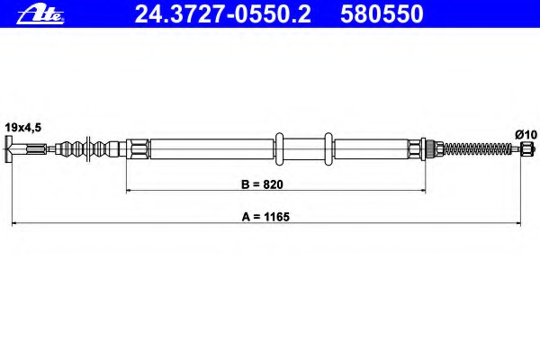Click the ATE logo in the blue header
(40, 15)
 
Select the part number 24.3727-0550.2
(223, 14)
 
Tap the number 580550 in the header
(382, 14)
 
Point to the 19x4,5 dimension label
(23, 128)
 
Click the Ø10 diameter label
(526, 134)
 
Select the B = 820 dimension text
(262, 184)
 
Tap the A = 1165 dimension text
(265, 217)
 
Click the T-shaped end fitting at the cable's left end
(9, 148)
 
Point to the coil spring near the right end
(478, 148)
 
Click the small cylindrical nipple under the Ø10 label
(526, 148)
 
